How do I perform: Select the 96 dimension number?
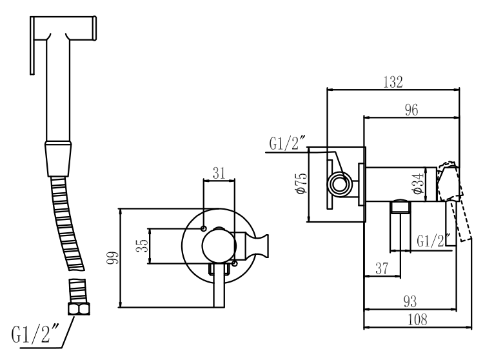tap(410, 110)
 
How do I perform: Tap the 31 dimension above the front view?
tap(219, 172)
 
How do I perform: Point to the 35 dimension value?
tap(144, 245)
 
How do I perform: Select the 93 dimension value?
tap(410, 301)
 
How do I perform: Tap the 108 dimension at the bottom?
tap(413, 318)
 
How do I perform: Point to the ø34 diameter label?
tap(419, 183)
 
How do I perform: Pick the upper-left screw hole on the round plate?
tap(204, 228)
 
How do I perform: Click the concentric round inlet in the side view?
tap(338, 185)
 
